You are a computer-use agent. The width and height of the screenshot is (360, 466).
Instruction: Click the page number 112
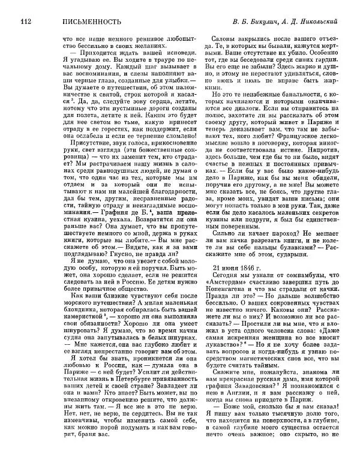click(25, 22)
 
